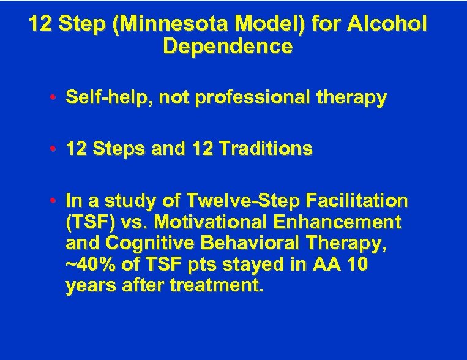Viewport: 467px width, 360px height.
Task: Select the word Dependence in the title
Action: (228, 47)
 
